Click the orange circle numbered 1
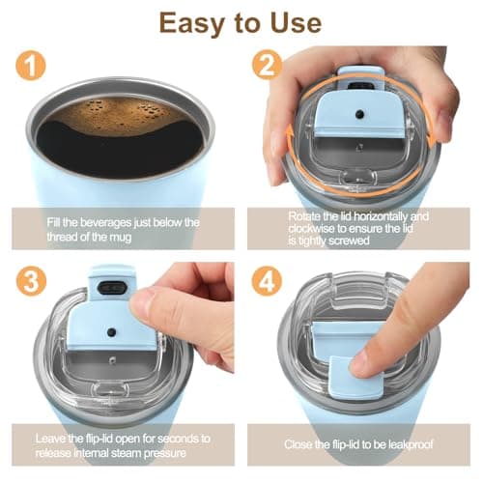click(x=31, y=65)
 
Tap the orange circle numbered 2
click(x=267, y=65)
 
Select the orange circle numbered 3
click(x=31, y=281)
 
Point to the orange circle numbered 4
click(x=267, y=281)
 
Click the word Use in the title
click(x=296, y=22)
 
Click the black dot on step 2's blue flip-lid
click(x=359, y=114)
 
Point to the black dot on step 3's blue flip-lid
click(x=112, y=332)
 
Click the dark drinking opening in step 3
click(x=111, y=287)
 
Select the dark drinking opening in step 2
click(x=360, y=85)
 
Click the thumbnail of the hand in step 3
click(x=142, y=303)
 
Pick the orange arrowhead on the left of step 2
click(x=290, y=133)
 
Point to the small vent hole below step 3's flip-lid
click(x=112, y=360)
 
